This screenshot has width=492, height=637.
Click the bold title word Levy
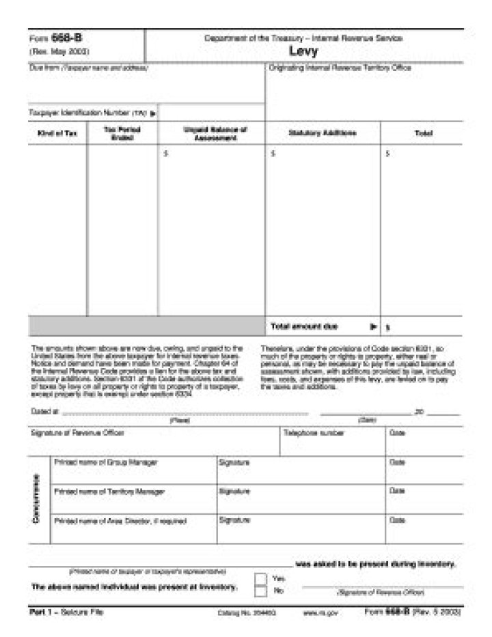tap(303, 51)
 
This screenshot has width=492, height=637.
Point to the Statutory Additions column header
tap(322, 133)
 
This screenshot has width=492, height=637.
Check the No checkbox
tap(260, 591)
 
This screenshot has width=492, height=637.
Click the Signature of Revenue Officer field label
tap(78, 433)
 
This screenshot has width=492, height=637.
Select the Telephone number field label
tap(314, 433)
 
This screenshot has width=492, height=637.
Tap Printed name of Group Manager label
tap(105, 462)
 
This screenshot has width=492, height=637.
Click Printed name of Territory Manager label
tap(109, 491)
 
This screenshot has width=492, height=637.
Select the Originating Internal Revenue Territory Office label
tap(340, 68)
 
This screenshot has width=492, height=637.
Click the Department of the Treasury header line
tap(303, 38)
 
